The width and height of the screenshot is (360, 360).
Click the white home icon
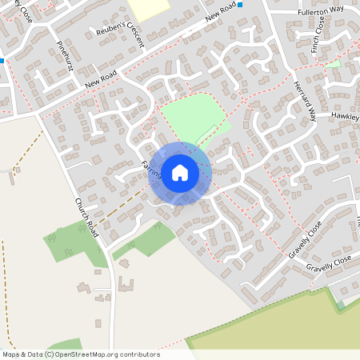180,173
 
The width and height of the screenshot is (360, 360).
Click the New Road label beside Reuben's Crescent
222,10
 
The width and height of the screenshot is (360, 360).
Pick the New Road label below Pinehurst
101,78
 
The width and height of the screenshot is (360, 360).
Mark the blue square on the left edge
2,60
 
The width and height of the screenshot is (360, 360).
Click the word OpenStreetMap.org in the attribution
89,354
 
